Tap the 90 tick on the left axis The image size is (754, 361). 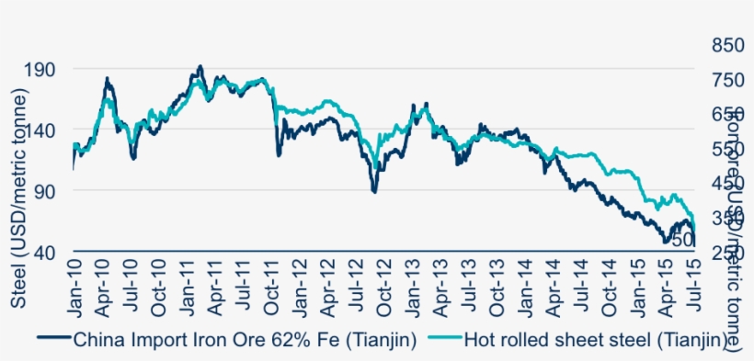46,190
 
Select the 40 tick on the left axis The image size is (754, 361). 46,252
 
